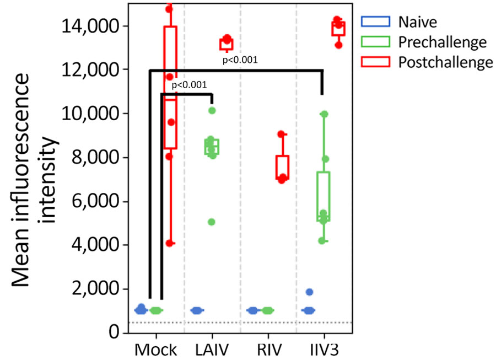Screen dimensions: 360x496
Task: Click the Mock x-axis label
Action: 157,350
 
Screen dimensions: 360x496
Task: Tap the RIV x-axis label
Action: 268,350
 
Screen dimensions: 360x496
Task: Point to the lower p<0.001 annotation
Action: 190,85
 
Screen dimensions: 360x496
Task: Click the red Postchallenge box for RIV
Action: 283,167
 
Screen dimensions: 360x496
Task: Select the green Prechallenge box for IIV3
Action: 324,196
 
